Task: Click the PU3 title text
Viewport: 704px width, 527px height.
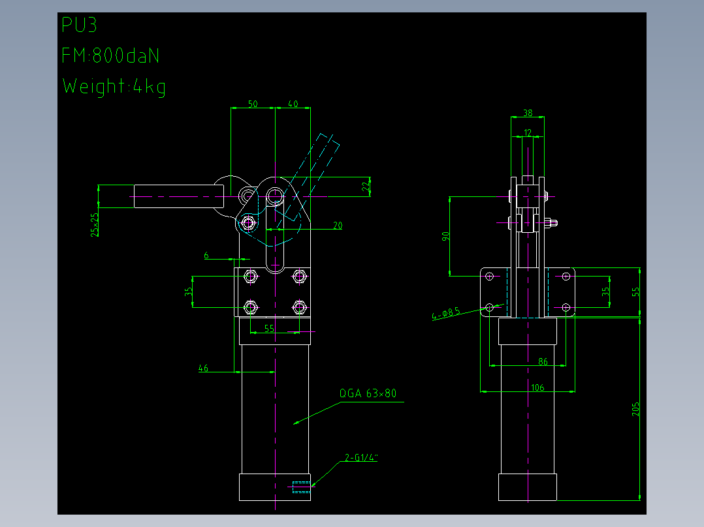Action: point(79,25)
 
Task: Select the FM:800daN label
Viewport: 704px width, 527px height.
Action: point(110,55)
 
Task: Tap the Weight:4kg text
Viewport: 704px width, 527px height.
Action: point(114,87)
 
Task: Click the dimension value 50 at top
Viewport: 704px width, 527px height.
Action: point(253,104)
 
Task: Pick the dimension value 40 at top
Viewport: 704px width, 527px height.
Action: point(293,104)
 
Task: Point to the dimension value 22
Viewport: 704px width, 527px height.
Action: point(366,185)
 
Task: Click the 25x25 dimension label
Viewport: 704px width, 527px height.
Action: point(95,224)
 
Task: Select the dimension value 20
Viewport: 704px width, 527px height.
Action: point(338,225)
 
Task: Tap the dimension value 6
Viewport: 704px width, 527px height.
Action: point(206,255)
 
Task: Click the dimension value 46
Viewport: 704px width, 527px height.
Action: point(203,369)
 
